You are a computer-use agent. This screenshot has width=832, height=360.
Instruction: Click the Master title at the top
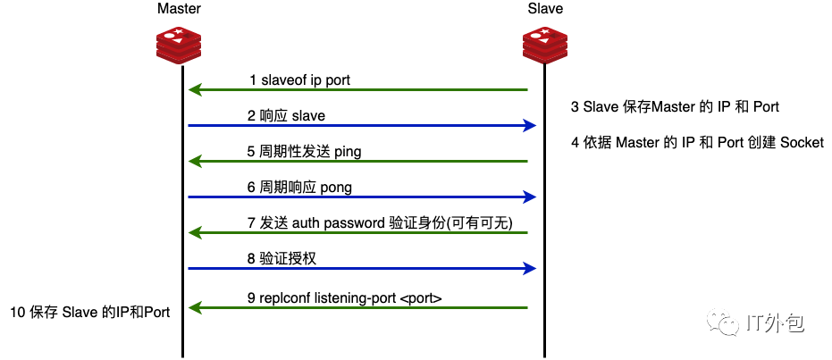click(x=179, y=9)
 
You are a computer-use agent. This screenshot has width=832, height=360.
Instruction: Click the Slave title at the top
click(x=545, y=9)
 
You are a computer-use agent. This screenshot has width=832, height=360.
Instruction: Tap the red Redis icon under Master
click(x=179, y=45)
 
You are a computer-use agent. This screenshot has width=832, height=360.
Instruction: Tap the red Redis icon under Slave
click(x=545, y=45)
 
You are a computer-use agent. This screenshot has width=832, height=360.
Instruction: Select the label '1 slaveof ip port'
click(x=299, y=80)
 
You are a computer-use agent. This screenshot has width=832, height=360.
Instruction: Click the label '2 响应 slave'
click(x=286, y=116)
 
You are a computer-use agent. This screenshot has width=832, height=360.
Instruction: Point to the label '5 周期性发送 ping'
click(x=304, y=152)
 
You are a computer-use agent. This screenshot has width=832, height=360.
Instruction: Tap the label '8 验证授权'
click(x=282, y=259)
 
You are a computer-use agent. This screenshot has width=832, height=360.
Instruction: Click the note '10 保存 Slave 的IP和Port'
click(x=89, y=312)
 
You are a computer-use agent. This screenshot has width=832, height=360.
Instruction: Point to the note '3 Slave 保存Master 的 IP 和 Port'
click(x=675, y=107)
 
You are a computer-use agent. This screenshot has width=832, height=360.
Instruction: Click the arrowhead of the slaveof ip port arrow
click(x=194, y=90)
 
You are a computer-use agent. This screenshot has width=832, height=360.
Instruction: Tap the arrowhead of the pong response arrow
click(x=529, y=197)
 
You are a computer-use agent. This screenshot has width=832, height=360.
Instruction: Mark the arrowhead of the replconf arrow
click(x=194, y=308)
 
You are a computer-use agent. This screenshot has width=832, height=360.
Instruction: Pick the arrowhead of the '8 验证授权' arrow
click(x=529, y=269)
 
